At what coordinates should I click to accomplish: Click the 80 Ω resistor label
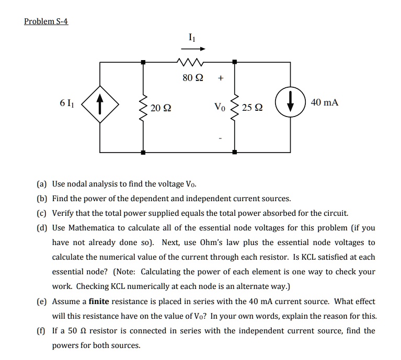pos(191,79)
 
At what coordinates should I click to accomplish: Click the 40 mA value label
pos(324,103)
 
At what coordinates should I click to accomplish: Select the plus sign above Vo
pos(221,79)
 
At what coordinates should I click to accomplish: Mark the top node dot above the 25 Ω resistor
pos(235,62)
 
